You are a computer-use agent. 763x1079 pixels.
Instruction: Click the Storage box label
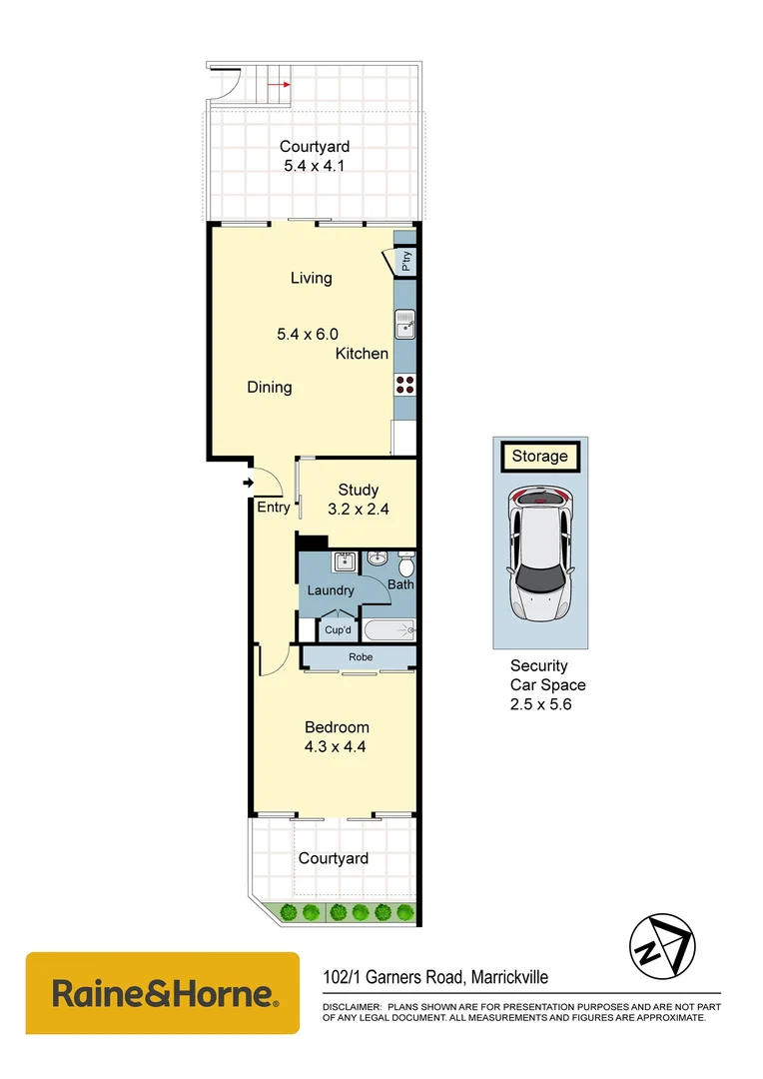coord(539,457)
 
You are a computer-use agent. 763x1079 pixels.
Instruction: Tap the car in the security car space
coord(539,551)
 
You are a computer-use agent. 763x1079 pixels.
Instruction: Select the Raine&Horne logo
coord(163,993)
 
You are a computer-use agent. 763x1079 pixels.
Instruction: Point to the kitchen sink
coord(404,324)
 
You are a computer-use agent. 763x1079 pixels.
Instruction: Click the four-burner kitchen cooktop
coord(404,384)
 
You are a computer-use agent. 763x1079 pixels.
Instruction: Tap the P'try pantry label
coord(405,261)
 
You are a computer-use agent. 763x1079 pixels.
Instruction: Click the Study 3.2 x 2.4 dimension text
coord(358,509)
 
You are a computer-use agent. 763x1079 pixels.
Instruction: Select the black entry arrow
coord(247,485)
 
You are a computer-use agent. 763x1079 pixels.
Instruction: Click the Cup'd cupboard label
coord(337,630)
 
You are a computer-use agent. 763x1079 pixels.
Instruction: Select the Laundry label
coord(330,590)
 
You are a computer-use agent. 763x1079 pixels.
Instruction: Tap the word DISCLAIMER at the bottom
coord(351,1007)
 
